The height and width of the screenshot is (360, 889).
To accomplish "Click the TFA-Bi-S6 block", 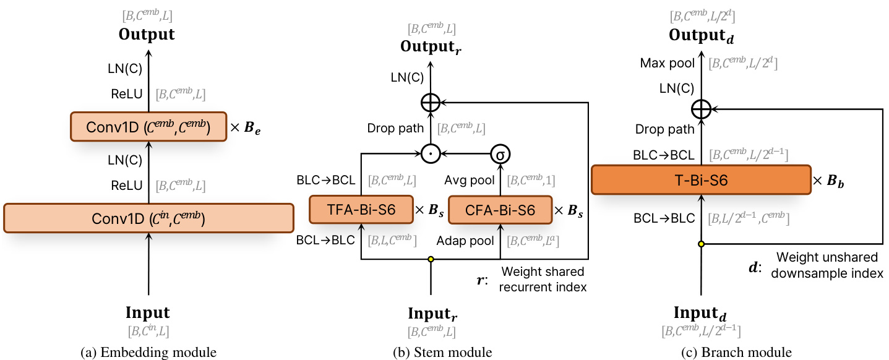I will click(x=361, y=210).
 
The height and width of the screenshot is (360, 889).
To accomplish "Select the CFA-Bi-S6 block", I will click(x=499, y=210).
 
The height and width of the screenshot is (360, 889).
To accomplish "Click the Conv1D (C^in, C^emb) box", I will click(x=148, y=218).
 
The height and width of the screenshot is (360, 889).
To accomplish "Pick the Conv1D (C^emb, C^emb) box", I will click(x=148, y=127).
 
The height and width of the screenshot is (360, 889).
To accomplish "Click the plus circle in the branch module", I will click(x=700, y=109).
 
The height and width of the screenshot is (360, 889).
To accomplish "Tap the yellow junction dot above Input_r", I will click(x=431, y=259).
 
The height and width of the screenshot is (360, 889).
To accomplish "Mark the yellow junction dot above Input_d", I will click(x=700, y=244).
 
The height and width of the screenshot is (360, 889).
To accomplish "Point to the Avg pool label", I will click(x=469, y=181).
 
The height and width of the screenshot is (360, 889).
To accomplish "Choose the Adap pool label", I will click(x=466, y=240).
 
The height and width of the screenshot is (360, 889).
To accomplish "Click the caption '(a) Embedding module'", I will click(x=148, y=353).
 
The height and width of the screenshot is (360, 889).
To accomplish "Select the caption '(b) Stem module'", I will click(x=442, y=353).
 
